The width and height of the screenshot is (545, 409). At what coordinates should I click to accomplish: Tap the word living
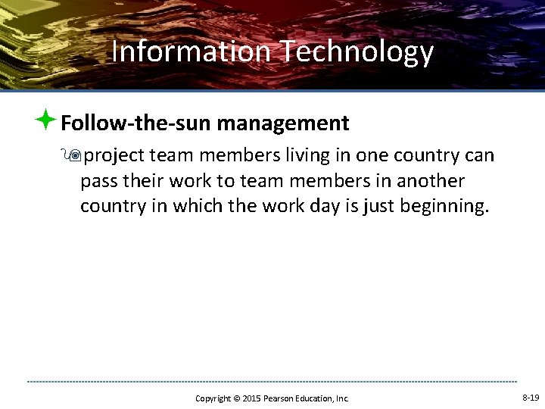(x=285, y=156)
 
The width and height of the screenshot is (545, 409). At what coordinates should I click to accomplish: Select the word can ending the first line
(x=479, y=156)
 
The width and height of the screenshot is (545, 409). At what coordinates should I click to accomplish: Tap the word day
(x=319, y=207)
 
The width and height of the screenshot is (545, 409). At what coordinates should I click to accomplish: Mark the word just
(x=372, y=207)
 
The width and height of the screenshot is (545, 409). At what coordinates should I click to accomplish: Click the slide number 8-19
(x=531, y=398)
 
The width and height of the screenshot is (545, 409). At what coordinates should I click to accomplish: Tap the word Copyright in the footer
(x=213, y=398)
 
